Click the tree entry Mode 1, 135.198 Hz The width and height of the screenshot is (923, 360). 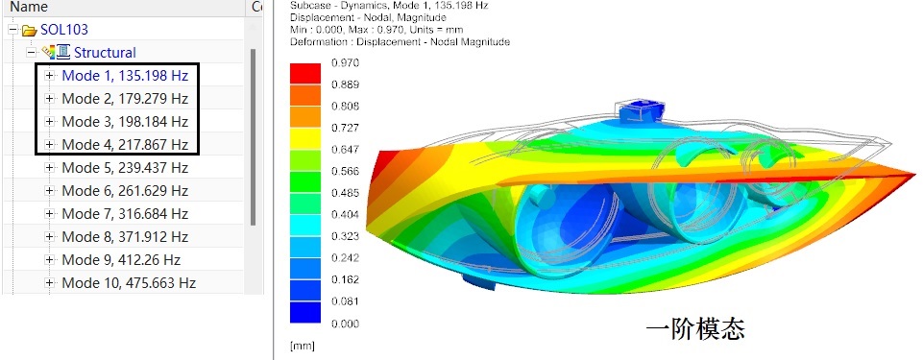[x=125, y=75]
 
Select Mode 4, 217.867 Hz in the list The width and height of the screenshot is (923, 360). [x=125, y=144]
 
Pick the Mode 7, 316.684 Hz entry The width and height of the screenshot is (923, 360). [x=125, y=213]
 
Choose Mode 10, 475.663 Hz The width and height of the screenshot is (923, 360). [x=129, y=283]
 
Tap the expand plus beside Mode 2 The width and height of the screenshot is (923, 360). [x=49, y=98]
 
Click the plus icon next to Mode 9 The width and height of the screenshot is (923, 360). [x=49, y=260]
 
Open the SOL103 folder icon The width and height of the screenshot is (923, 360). [x=30, y=30]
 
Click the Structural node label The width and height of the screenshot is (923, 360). [x=105, y=53]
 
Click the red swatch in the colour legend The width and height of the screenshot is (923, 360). [x=304, y=74]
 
